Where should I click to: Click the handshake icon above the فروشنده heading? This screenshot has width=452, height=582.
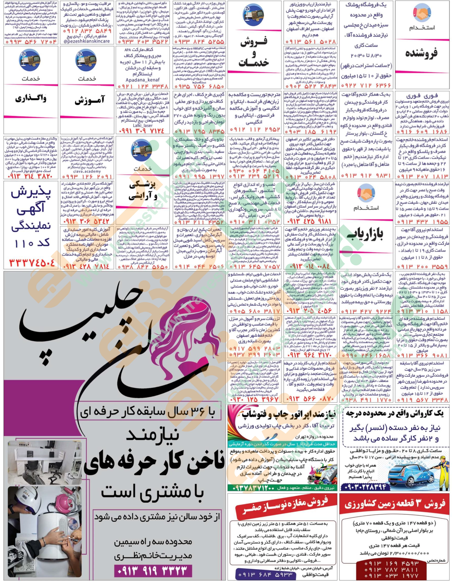(422, 13)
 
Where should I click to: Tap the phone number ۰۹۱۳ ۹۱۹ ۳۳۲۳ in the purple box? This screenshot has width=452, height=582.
(153, 570)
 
